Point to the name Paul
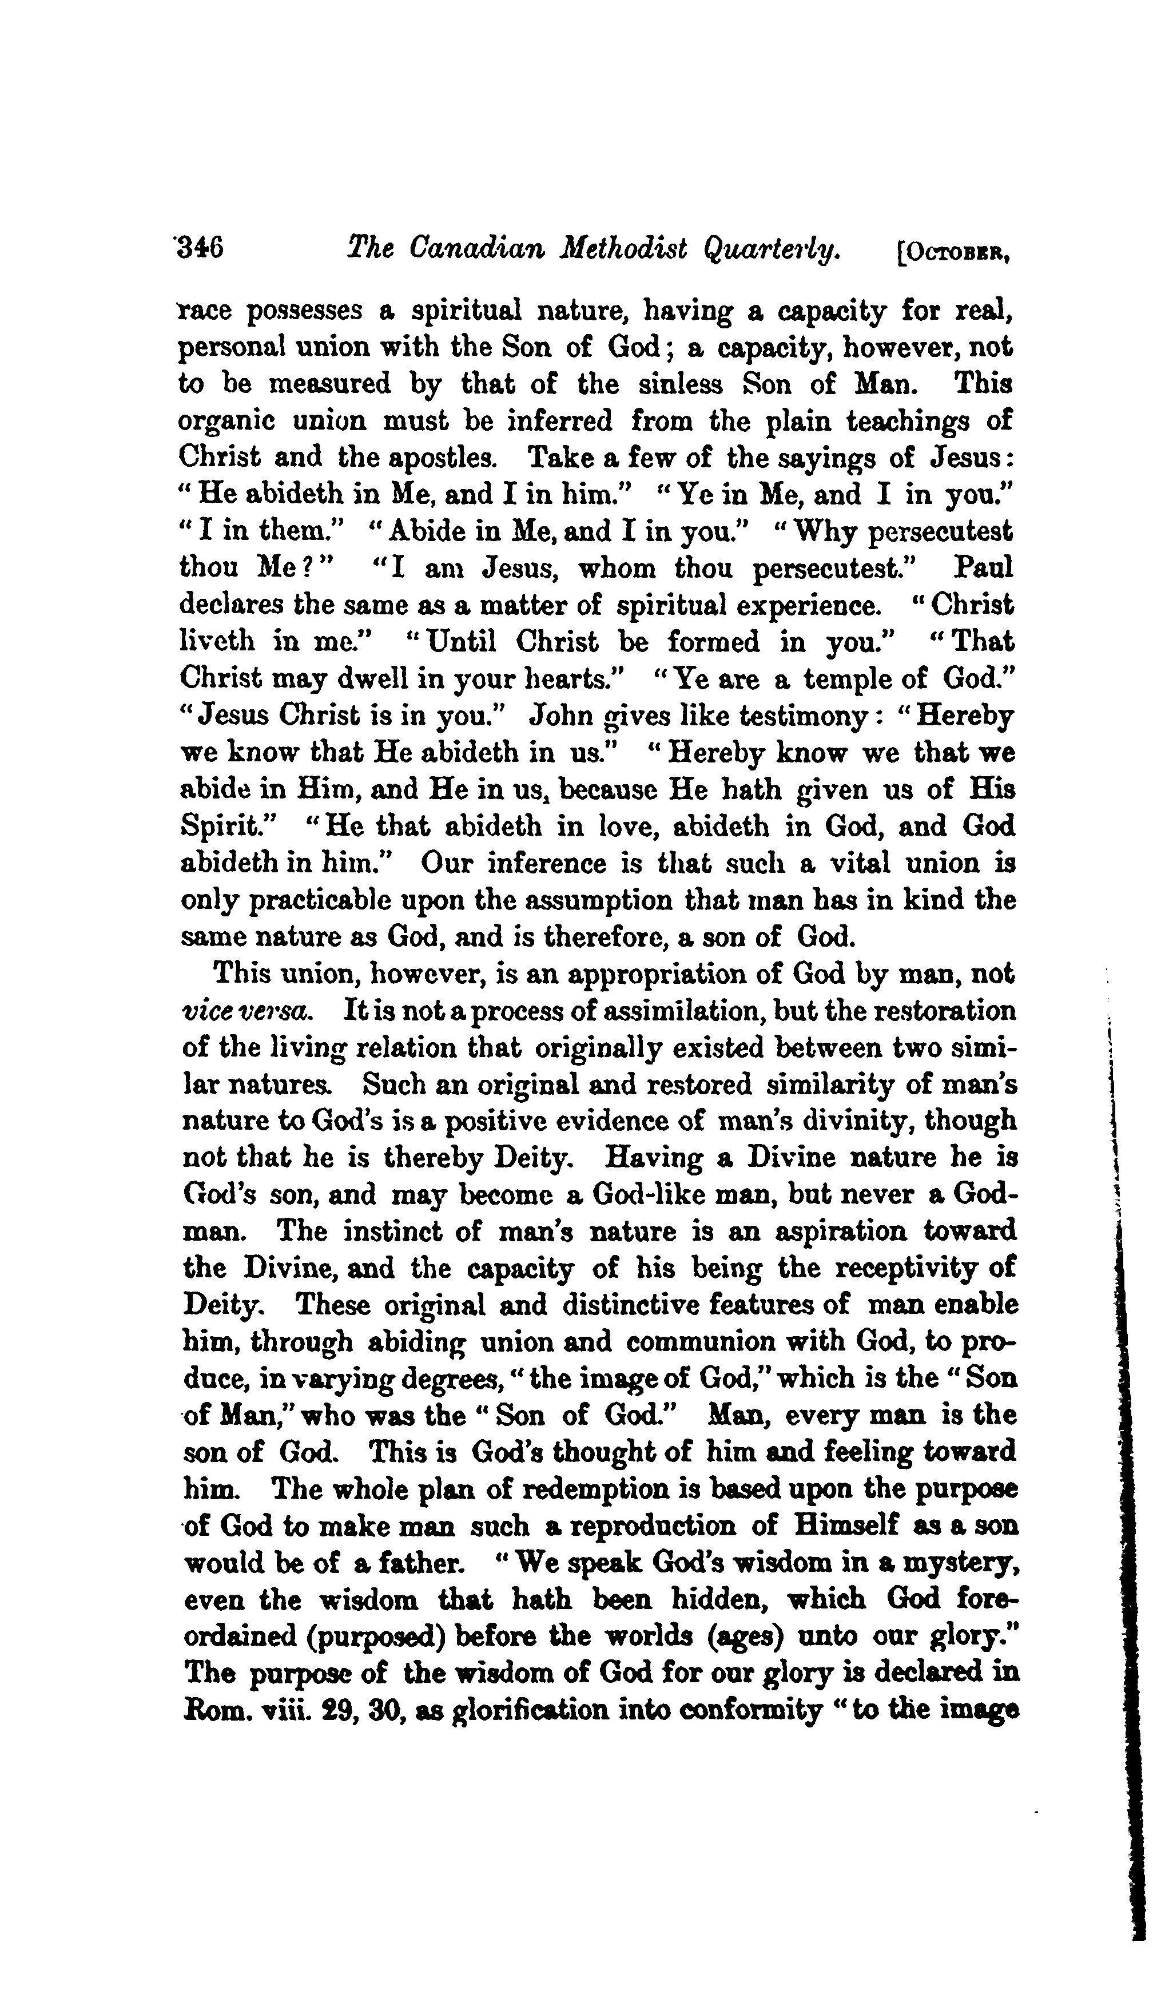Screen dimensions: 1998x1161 (983, 567)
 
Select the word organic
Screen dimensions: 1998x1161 (226, 420)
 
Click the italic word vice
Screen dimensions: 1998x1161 (208, 1011)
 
